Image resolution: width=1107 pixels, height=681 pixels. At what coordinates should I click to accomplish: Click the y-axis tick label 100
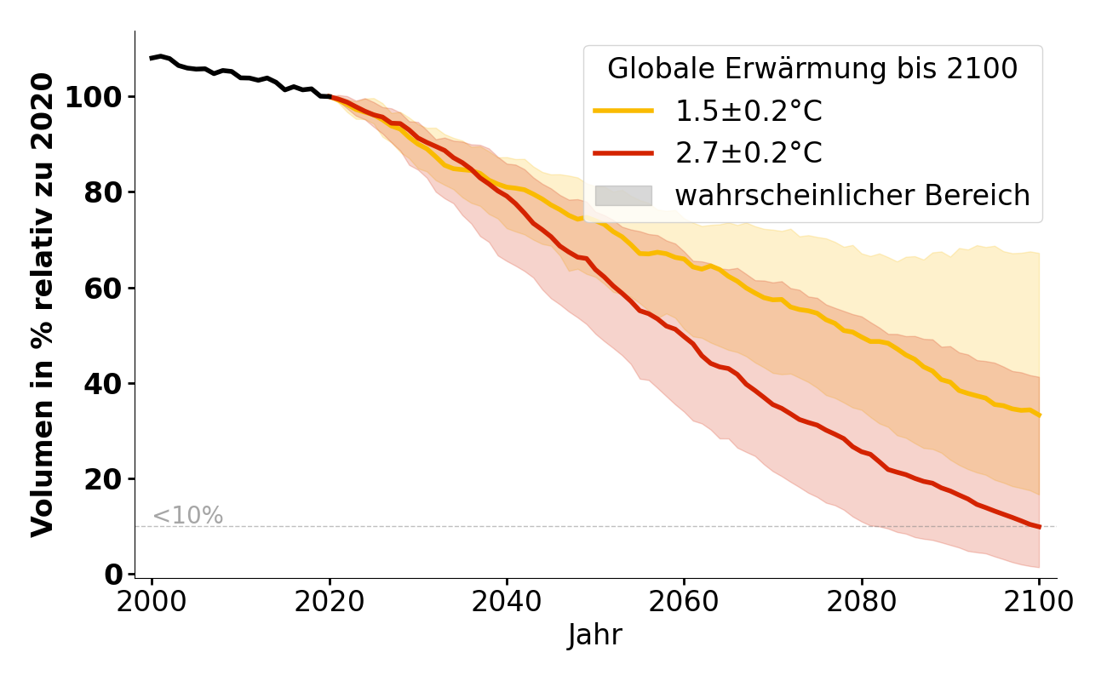pos(95,97)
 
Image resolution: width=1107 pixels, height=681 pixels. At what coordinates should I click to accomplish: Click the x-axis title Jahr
pos(595,635)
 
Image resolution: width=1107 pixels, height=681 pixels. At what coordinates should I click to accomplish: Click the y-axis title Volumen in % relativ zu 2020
pos(43,305)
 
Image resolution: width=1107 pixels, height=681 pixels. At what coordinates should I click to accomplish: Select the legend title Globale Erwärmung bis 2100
pos(812,69)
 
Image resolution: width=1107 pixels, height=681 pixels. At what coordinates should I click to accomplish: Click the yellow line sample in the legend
pos(623,111)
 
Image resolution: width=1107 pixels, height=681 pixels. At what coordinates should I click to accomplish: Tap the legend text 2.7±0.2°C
pos(749,153)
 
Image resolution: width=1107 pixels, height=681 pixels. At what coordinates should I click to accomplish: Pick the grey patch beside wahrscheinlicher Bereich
pos(623,196)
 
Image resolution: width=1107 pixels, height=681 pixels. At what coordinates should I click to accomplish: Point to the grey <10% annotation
pos(187,516)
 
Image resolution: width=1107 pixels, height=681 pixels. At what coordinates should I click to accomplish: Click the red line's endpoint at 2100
pos(1039,527)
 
